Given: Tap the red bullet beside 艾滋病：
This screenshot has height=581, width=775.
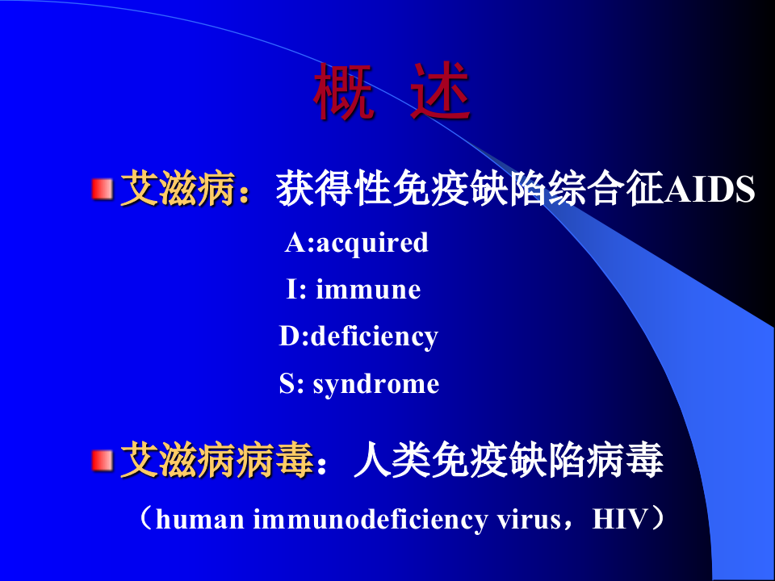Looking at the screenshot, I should [101, 190].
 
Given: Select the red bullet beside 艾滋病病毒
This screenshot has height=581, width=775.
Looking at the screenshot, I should [101, 461].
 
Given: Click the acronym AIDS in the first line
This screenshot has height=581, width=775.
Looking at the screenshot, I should [710, 190].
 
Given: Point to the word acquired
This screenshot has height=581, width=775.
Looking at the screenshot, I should [372, 242].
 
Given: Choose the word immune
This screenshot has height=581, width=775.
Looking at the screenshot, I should [368, 289].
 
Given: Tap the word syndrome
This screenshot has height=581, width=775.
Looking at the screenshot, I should [376, 383].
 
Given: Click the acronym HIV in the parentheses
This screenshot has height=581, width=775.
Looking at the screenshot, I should [621, 519].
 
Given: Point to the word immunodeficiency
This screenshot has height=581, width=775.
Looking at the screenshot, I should [371, 519].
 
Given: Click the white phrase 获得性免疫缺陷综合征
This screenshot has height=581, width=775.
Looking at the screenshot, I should [469, 190].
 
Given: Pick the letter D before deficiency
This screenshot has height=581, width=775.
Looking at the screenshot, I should [289, 336].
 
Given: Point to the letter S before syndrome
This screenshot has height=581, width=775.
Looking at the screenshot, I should [287, 383].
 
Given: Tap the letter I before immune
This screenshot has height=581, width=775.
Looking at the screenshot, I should [291, 289].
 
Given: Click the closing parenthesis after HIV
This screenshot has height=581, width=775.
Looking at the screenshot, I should [660, 519].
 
